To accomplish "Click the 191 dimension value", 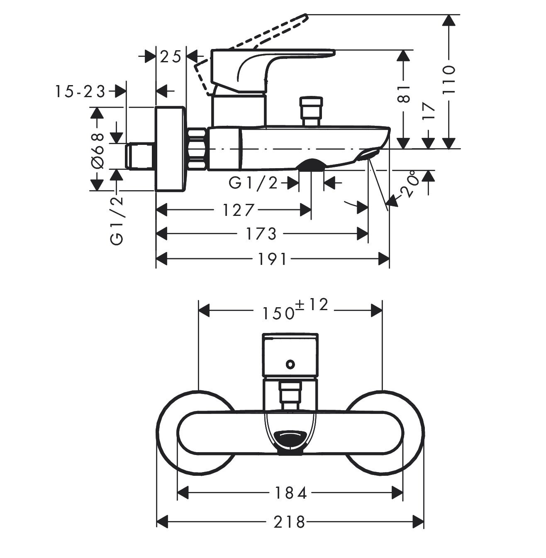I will point(272,259).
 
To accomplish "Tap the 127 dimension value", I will point(237,210).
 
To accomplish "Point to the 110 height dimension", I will point(449,80).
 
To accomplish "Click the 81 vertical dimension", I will point(404,93).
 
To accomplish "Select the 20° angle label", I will point(406,185).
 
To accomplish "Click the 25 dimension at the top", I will point(171,57).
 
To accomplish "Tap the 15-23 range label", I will point(81,91).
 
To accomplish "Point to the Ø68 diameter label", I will point(97,150).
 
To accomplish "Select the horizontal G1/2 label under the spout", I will point(253,183).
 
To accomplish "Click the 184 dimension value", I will point(290,493).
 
